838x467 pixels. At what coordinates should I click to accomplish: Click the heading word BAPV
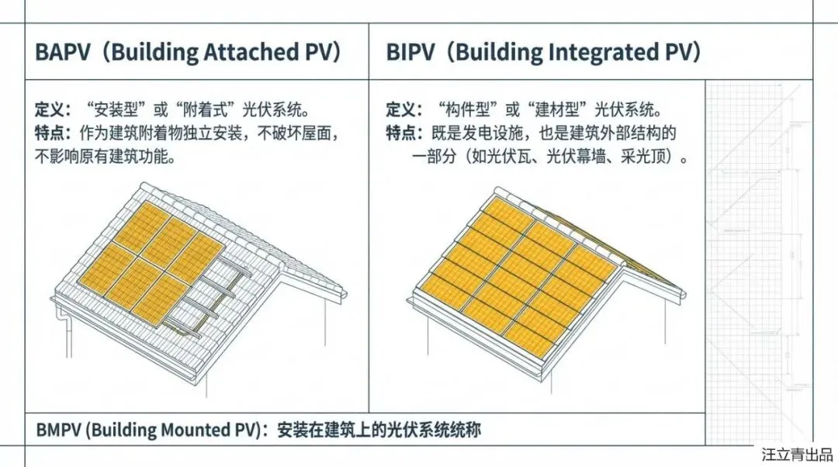click(x=64, y=53)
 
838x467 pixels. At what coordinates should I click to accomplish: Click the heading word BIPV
click(x=414, y=53)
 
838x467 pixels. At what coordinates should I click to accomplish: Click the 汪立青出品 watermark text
click(x=797, y=454)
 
